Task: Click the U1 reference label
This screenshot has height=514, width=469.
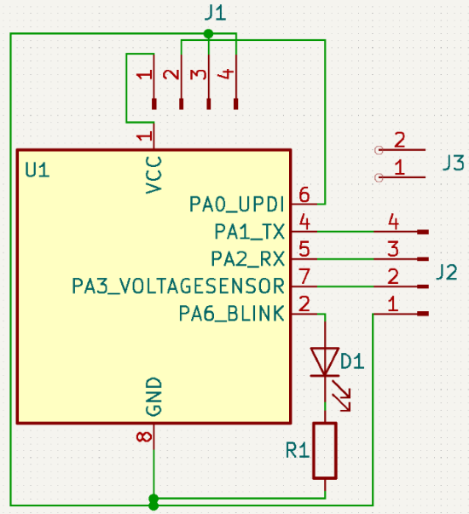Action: pos(38,170)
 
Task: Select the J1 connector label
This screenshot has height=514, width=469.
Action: pos(216,12)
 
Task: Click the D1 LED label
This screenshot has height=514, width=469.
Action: pos(352,361)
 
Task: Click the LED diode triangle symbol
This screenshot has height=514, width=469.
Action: pos(324,360)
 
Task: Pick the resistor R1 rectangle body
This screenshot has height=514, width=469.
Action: pos(325,450)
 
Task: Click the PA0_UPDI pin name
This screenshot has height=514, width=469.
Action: pos(236,205)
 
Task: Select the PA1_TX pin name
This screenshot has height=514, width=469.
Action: pos(248,231)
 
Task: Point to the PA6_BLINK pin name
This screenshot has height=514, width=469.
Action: pos(230,313)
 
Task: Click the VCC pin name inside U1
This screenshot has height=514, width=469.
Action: pos(153,174)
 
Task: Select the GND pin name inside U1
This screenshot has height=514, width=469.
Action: pos(153,398)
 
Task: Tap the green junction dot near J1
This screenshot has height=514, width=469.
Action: pos(208,34)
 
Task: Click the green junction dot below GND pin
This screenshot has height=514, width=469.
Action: pos(153,499)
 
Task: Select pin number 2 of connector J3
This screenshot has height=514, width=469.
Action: pos(399,140)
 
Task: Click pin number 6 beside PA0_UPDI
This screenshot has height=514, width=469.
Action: pos(304,195)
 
